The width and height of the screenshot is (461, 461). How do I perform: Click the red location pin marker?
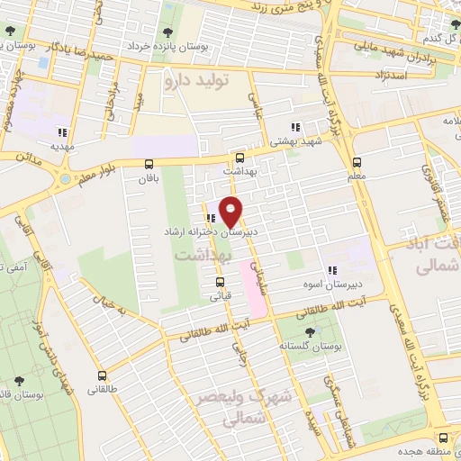pos(231,211)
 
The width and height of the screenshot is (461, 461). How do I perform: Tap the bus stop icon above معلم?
pos(357,163)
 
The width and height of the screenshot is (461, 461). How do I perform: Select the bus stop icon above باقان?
pos(149,163)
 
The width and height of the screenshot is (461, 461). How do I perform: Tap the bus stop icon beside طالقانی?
pos(101,375)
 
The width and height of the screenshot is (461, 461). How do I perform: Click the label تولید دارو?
pos(197,81)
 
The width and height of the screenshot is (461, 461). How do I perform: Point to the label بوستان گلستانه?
pos(308,344)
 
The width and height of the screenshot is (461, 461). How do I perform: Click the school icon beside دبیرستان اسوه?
pos(331,269)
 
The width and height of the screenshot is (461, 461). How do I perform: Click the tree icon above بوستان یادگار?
pos(9,31)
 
